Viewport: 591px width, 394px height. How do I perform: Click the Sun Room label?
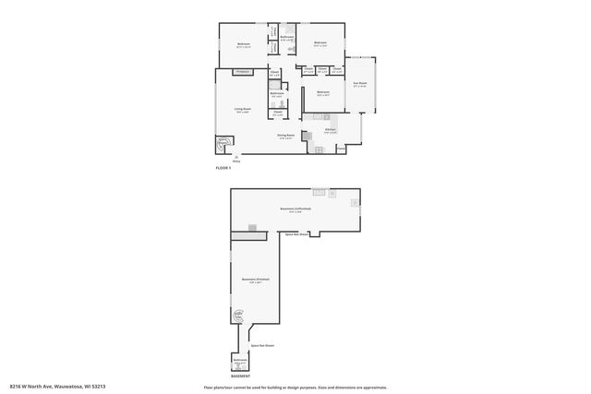click(360, 84)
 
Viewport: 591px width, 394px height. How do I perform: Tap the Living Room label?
click(242, 110)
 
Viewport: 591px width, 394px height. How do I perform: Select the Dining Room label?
click(285, 136)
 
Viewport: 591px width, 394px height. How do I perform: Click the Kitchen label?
click(330, 129)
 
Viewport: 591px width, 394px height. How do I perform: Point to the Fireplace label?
click(244, 71)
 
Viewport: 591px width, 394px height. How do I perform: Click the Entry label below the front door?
click(236, 161)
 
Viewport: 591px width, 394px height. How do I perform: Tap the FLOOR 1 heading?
click(223, 168)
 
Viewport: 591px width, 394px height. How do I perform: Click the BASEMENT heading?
click(240, 376)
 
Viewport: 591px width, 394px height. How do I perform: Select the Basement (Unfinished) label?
click(295, 209)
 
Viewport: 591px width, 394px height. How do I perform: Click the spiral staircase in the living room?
click(223, 145)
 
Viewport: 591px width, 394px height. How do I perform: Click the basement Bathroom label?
click(240, 360)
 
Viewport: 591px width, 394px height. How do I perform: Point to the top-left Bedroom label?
click(244, 43)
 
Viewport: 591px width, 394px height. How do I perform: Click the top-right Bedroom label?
click(320, 42)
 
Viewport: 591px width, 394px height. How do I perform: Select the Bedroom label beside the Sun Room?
click(323, 92)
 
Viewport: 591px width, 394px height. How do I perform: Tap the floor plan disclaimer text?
click(295, 387)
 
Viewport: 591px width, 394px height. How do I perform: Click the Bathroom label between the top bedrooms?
click(287, 37)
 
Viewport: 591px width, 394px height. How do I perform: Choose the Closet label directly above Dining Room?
click(277, 112)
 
